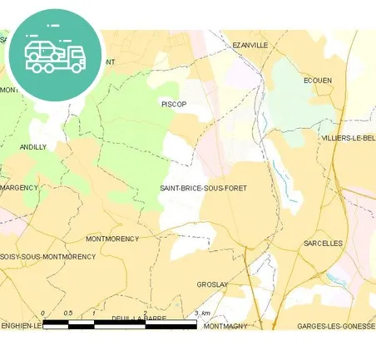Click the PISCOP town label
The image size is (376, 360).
[x=173, y=104]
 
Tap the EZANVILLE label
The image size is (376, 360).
[x=250, y=45]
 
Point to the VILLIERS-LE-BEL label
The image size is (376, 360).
[x=348, y=138]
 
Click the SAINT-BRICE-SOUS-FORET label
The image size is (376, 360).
[x=203, y=189]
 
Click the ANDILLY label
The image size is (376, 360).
[x=33, y=146]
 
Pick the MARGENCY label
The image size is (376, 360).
[x=19, y=188]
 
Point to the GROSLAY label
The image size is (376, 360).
[x=212, y=284]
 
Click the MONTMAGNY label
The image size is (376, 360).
[x=225, y=326]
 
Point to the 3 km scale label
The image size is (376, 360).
[x=200, y=313]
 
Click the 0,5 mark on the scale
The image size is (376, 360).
[x=68, y=313]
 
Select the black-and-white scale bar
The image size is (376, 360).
[x=120, y=323]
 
